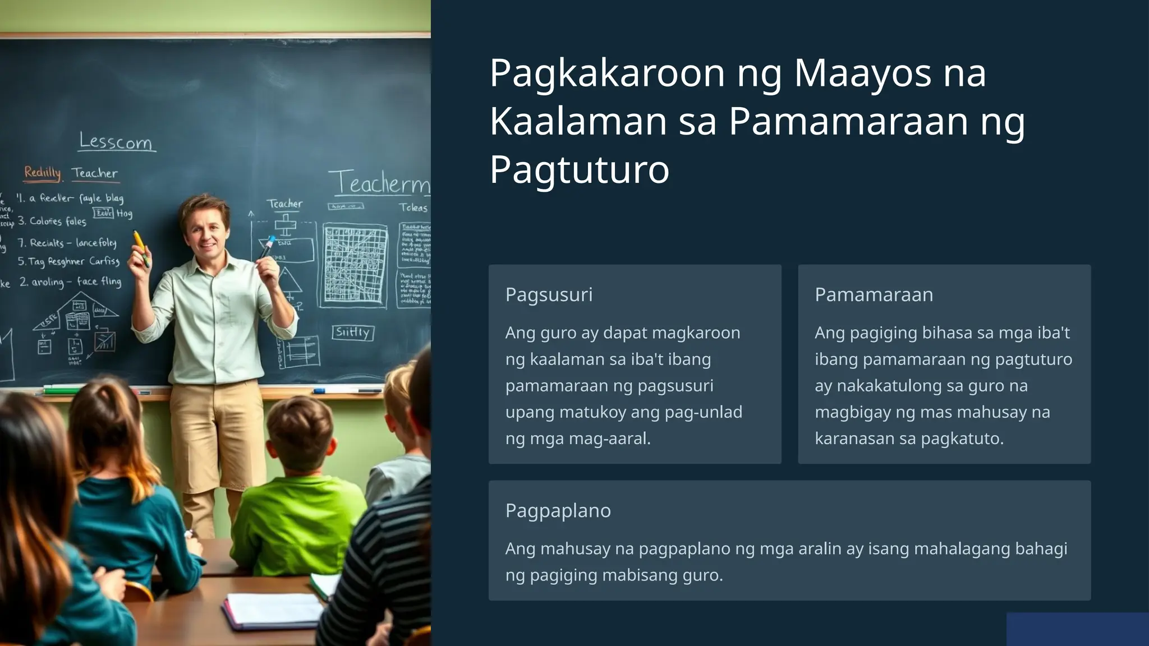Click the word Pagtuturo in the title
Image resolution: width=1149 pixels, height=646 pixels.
[x=580, y=169]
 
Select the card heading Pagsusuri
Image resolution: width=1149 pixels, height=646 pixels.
[x=549, y=294]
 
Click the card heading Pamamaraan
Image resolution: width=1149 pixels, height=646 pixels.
[x=874, y=294]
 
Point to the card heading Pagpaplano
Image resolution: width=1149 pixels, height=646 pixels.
[x=558, y=510]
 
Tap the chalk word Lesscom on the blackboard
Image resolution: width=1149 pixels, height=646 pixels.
[x=116, y=141]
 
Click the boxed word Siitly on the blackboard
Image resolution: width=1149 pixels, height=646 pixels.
[x=352, y=333]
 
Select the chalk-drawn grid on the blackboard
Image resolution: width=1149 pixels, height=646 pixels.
[x=356, y=264]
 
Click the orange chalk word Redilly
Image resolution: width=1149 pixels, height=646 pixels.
[x=42, y=172]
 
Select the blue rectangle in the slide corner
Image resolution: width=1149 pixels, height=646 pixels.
[x=1077, y=629]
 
